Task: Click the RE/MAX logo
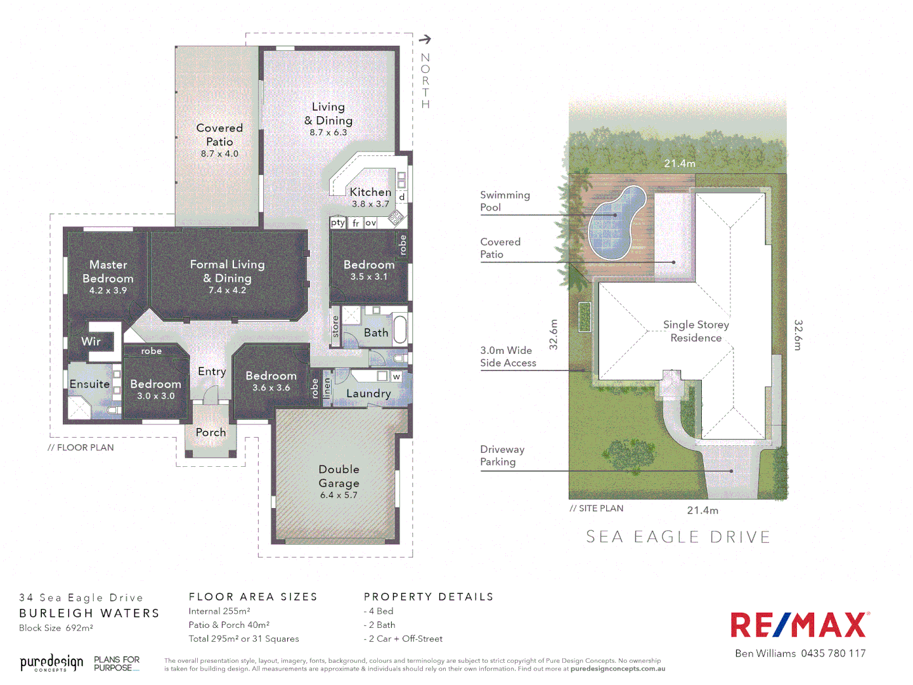[800, 625]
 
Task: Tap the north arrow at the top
[425, 39]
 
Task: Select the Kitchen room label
[370, 192]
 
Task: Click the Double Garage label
[339, 476]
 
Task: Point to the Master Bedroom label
[108, 271]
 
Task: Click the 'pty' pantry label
[337, 223]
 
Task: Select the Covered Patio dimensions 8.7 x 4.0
[219, 153]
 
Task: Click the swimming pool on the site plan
[616, 222]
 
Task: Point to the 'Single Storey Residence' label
[696, 331]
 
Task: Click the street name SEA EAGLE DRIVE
[678, 537]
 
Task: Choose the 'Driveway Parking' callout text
[502, 455]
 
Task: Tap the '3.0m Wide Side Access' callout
[508, 356]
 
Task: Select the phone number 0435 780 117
[833, 653]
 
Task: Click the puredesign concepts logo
[51, 663]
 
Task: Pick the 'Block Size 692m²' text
[56, 628]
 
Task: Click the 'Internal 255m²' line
[219, 611]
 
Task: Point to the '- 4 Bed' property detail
[379, 611]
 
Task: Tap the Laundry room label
[368, 393]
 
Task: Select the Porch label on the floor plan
[210, 432]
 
